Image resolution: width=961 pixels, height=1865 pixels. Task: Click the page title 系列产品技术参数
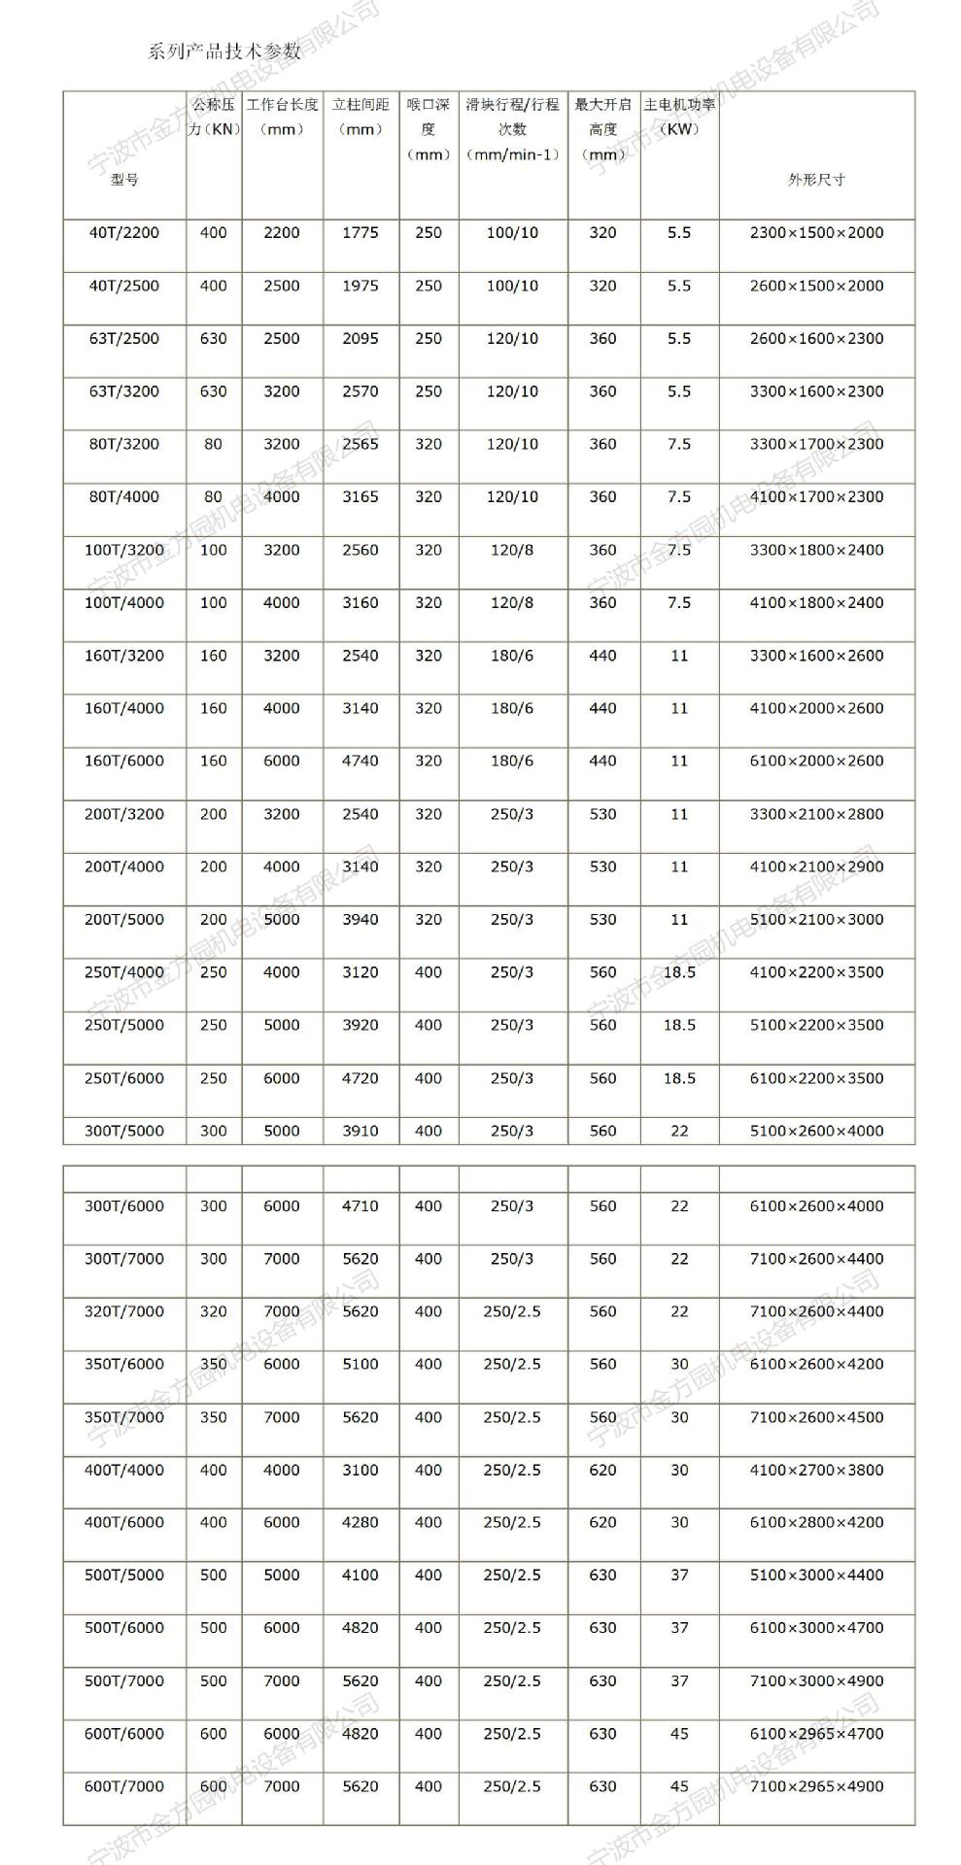224,51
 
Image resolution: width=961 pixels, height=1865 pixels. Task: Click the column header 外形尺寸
816,180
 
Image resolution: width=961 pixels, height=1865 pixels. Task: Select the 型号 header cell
124,180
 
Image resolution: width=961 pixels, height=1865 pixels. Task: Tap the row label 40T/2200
124,233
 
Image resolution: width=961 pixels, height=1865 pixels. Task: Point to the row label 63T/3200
124,391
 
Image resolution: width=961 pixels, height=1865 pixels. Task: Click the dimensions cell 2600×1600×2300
816,339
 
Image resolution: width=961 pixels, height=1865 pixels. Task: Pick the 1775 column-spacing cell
360,233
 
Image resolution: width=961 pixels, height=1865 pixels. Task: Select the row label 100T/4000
124,603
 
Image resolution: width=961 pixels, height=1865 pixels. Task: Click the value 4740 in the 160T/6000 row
360,762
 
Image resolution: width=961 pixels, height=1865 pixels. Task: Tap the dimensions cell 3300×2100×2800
816,814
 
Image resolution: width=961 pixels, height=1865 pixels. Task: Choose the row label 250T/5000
124,1025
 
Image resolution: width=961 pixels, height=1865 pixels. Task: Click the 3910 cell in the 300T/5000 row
360,1131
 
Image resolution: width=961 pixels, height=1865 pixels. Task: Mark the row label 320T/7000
124,1311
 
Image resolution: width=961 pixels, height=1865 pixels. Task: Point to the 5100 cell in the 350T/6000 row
360,1364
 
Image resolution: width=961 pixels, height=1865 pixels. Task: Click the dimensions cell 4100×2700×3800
816,1470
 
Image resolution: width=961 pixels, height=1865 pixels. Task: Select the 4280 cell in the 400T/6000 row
360,1522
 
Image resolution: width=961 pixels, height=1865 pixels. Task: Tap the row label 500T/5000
124,1575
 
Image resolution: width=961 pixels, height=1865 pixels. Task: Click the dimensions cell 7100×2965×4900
816,1786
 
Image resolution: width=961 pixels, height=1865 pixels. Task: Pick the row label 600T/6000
124,1734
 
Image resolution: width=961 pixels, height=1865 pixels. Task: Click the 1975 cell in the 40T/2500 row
360,286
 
